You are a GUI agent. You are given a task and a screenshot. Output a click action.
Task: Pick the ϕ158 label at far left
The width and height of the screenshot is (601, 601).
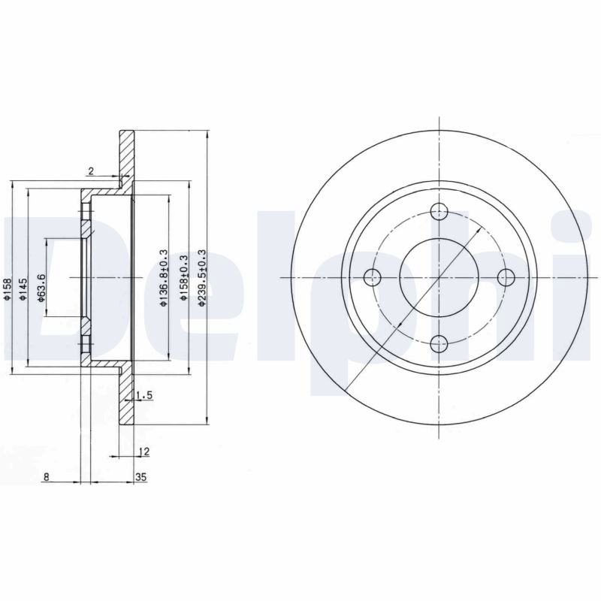(8, 288)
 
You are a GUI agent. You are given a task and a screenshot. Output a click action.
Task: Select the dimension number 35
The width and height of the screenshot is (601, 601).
(141, 477)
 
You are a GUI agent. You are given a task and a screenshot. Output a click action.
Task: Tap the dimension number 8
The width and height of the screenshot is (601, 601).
(47, 477)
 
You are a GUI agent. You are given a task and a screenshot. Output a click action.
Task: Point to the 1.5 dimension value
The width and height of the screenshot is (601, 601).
(144, 395)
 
